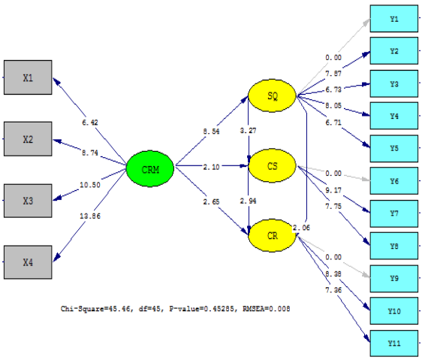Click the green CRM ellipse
coord(149,167)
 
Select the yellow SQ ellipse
coord(273,96)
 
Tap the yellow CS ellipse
coord(273,165)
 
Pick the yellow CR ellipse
coord(273,235)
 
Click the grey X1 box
coord(28,77)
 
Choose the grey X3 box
coord(28,201)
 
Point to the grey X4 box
coord(28,262)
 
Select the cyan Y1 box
coord(393,18)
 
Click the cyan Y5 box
coord(393,148)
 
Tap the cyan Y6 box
coord(393,181)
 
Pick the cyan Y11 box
coord(393,343)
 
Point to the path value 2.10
coord(211,167)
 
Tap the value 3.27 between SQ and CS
coord(247,131)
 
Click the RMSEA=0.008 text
coord(266,308)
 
